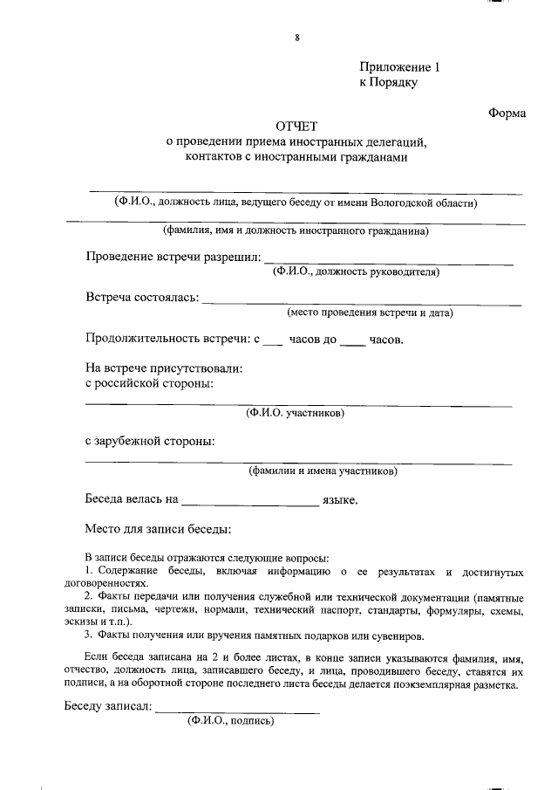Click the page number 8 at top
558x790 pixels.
click(x=297, y=38)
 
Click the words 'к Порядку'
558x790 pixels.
click(x=389, y=83)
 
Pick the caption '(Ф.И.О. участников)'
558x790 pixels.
click(x=296, y=411)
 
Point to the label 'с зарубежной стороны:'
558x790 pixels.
click(x=150, y=441)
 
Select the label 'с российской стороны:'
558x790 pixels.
click(x=149, y=382)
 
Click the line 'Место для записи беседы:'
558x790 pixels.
click(x=158, y=529)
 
